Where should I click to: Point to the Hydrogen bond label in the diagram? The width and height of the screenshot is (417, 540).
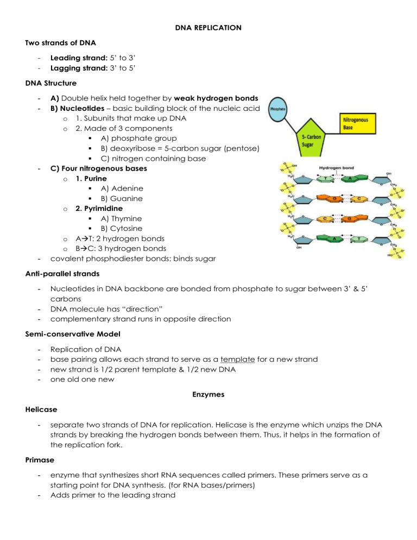(337, 169)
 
